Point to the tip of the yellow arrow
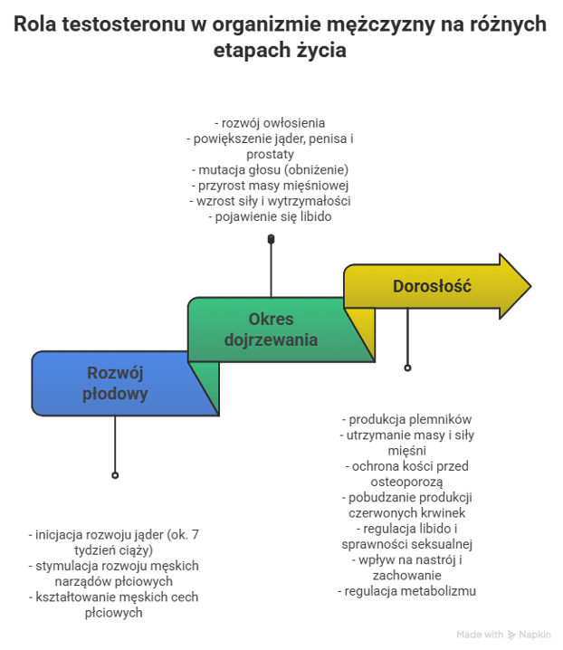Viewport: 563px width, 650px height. (529, 287)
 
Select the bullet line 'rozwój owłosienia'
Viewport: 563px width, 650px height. (270, 123)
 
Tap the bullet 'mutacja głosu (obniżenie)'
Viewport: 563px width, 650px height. (270, 169)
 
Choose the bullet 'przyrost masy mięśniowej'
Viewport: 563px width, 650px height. (270, 185)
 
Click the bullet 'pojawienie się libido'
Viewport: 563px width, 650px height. (270, 216)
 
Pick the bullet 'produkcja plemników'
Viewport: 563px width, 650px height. (407, 420)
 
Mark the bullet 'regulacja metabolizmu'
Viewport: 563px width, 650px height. (407, 591)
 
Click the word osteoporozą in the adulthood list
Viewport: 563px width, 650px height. (407, 482)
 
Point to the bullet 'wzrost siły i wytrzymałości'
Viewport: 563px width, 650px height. (270, 201)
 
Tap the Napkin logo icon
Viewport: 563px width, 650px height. (511, 635)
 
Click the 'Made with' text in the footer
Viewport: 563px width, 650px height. (480, 635)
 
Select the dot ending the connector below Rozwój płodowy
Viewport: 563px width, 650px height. (115, 474)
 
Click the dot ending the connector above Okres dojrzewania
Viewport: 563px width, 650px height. (271, 238)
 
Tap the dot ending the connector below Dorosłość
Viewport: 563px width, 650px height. (407, 368)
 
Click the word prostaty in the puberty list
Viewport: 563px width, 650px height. (270, 154)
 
